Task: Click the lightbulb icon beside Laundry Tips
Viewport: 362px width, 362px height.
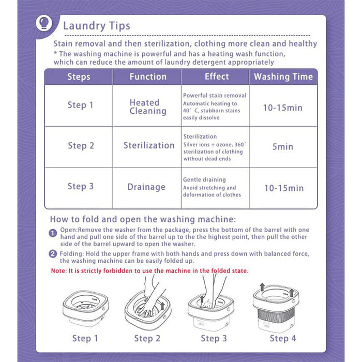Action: pos(44,23)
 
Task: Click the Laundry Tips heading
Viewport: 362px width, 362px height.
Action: pos(97,26)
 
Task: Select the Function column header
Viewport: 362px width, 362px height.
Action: pos(148,77)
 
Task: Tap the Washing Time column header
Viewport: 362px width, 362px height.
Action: pos(283,77)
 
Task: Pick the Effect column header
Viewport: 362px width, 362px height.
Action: pos(217,77)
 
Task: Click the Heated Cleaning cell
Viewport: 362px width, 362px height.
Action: pos(148,107)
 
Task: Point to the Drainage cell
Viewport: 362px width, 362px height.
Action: pos(146,187)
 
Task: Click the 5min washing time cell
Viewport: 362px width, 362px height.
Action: pos(283,146)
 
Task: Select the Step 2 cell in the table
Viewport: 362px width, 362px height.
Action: pos(81,146)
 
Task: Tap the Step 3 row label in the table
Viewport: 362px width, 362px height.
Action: pos(81,186)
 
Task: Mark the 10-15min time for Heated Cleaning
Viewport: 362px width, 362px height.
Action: pos(283,108)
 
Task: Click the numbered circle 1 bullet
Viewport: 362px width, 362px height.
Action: pos(53,233)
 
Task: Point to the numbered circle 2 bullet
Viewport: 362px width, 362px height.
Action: pos(53,254)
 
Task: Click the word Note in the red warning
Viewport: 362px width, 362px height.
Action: pos(58,271)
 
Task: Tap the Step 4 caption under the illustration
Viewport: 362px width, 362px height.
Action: pos(283,338)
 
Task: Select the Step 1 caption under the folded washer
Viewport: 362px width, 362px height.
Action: pos(85,338)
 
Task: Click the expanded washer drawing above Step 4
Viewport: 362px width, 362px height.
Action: pos(276,308)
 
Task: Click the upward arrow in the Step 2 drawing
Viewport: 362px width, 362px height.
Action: pos(162,306)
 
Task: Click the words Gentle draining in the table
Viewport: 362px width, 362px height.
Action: pos(204,179)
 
